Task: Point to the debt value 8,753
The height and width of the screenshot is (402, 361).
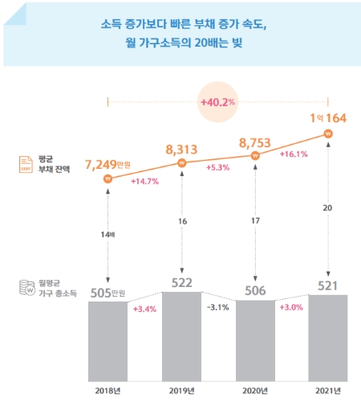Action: (258, 142)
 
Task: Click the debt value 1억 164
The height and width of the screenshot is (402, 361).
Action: (327, 118)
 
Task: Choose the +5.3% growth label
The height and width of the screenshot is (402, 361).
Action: (220, 167)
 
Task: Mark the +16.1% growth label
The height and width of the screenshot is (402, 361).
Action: (294, 154)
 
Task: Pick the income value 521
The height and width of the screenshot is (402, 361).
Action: (328, 285)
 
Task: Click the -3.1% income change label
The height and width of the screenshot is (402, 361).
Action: (220, 307)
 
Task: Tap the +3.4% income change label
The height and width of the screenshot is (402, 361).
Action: (146, 309)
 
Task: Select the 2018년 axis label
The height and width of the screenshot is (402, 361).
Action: (108, 392)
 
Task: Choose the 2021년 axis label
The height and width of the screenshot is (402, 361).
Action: (328, 392)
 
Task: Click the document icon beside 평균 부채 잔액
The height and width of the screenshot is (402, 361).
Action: (26, 164)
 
